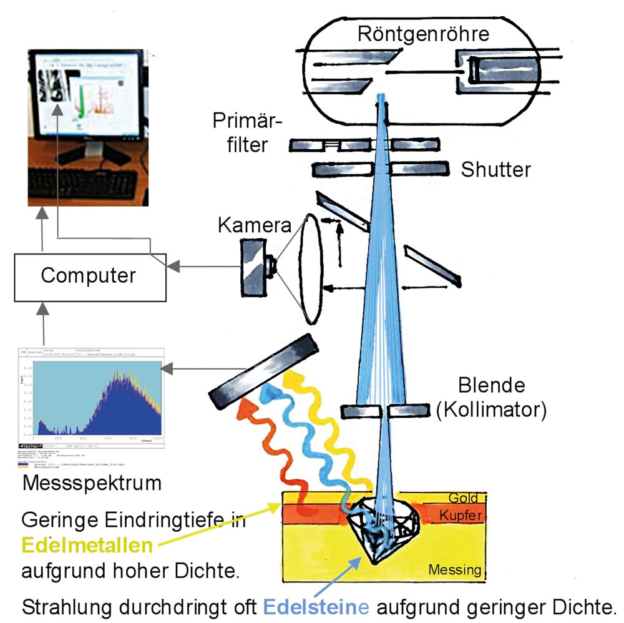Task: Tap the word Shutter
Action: (495, 169)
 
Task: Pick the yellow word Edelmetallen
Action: (87, 545)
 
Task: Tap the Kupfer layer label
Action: (463, 515)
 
